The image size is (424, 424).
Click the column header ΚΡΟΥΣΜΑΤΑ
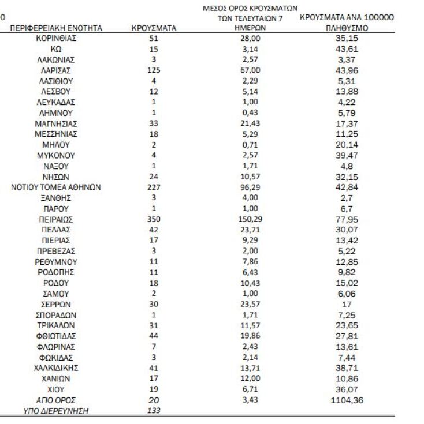point(154,28)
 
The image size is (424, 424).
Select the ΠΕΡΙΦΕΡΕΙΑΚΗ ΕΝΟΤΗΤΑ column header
point(56,28)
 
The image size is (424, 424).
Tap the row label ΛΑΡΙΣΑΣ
point(56,70)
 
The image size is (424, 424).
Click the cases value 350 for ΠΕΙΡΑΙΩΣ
point(154,219)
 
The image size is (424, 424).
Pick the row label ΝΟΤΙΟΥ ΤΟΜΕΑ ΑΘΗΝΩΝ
point(56,187)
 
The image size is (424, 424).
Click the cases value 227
point(154,187)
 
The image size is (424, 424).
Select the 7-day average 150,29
point(251,219)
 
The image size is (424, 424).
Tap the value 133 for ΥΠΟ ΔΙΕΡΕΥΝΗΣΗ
point(154,410)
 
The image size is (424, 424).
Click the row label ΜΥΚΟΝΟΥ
point(56,155)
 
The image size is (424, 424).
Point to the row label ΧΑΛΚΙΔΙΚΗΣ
point(56,367)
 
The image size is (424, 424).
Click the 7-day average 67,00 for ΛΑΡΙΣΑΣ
point(251,70)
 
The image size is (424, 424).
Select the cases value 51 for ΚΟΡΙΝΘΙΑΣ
point(154,38)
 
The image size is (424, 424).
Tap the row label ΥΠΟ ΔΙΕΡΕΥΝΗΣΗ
point(56,410)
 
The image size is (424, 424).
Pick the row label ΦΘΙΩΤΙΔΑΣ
point(56,336)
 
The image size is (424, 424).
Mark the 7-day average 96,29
point(251,187)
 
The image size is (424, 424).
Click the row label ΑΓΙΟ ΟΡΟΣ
point(56,400)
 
